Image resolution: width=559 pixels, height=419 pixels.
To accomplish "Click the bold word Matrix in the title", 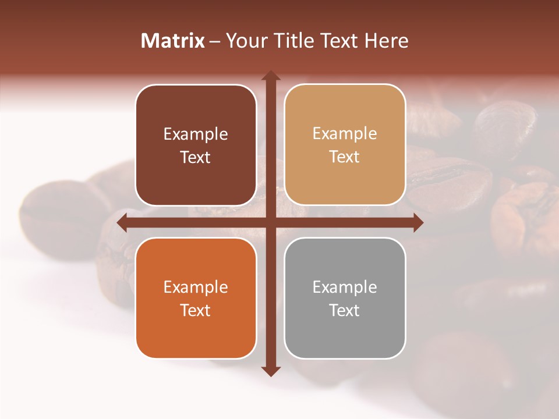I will (x=173, y=41).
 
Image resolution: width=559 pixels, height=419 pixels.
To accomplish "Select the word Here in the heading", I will (x=387, y=41).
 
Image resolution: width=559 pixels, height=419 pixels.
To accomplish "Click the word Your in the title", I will (x=245, y=41).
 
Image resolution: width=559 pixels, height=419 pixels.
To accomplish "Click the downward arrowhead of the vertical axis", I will (x=270, y=371).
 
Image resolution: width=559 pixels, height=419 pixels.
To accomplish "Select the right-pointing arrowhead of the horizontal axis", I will (x=418, y=223).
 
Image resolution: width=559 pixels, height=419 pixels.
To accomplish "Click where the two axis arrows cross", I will (x=270, y=223).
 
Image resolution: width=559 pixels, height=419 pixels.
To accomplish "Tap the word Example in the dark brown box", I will (x=196, y=134).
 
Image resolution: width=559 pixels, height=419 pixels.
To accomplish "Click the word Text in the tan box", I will (x=345, y=157).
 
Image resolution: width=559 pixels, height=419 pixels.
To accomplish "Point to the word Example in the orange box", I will (x=196, y=287).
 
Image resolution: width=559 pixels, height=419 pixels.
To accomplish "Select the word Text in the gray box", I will (x=345, y=311).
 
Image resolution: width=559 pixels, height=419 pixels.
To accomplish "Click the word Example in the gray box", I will (x=345, y=287).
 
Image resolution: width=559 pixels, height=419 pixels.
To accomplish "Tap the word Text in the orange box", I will (x=196, y=311).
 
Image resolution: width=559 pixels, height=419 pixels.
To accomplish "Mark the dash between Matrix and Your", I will (x=215, y=42).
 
